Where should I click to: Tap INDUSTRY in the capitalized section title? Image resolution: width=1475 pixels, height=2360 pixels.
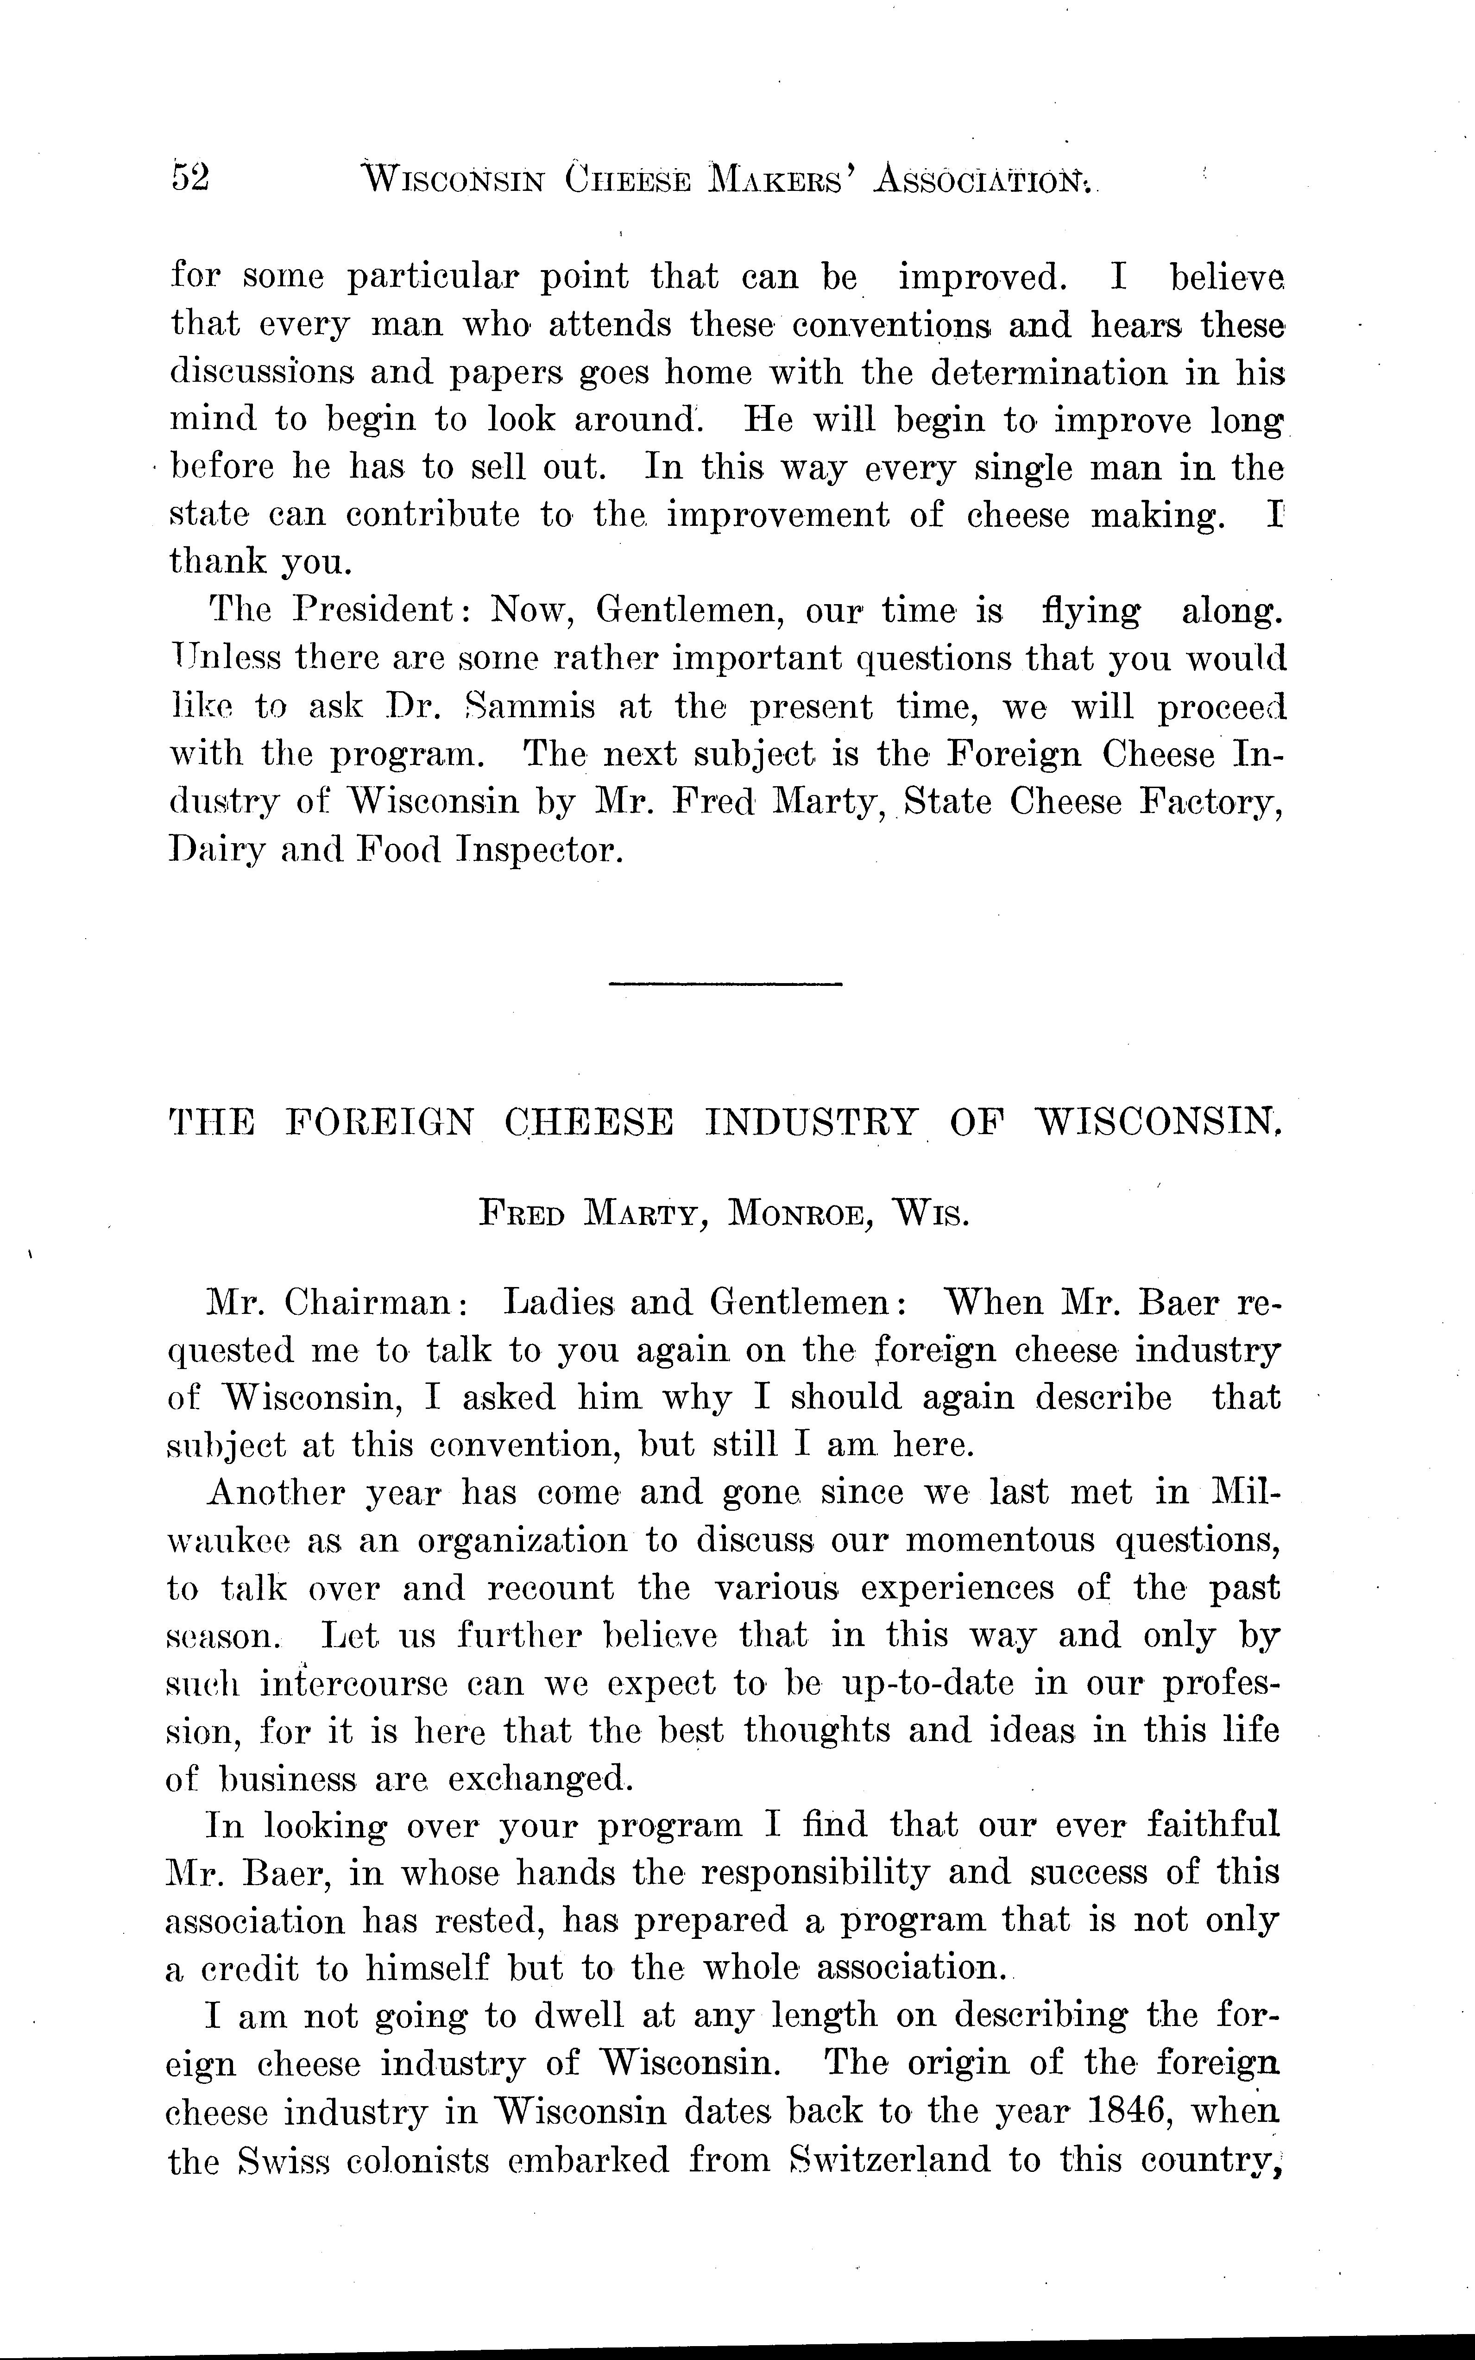[812, 1123]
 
